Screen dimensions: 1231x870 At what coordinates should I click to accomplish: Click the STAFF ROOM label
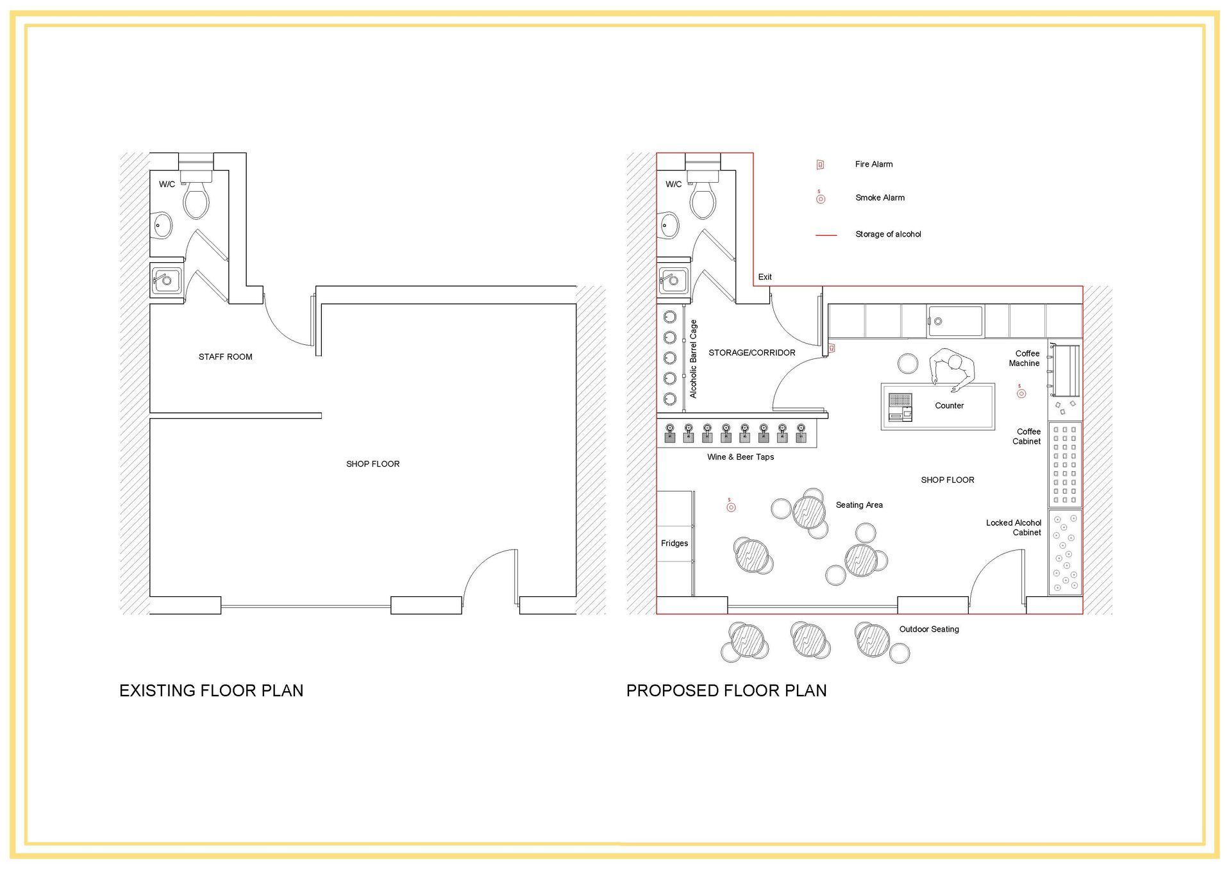pyautogui.click(x=225, y=356)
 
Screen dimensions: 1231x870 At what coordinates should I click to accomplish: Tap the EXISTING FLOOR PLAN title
pyautogui.click(x=211, y=690)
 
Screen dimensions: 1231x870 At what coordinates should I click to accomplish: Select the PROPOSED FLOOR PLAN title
pyautogui.click(x=726, y=690)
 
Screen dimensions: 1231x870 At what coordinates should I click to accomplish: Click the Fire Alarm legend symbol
pyautogui.click(x=820, y=165)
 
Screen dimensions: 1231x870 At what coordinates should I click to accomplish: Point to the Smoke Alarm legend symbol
pyautogui.click(x=821, y=199)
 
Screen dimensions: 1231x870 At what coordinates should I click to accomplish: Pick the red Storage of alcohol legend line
pyautogui.click(x=826, y=235)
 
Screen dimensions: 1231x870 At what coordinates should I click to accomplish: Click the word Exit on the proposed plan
pyautogui.click(x=765, y=277)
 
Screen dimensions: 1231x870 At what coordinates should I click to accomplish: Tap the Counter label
pyautogui.click(x=950, y=406)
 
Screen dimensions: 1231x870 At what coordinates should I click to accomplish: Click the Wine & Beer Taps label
pyautogui.click(x=741, y=457)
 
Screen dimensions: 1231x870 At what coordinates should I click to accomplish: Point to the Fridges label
pyautogui.click(x=674, y=543)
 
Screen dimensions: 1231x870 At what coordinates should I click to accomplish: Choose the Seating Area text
pyautogui.click(x=859, y=505)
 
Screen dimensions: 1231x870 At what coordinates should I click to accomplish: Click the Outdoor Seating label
pyautogui.click(x=929, y=629)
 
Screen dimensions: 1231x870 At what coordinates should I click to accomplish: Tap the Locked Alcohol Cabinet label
pyautogui.click(x=1014, y=528)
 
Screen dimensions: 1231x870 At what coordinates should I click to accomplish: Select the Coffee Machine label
pyautogui.click(x=1025, y=358)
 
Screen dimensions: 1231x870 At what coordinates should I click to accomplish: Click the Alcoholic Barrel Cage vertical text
pyautogui.click(x=693, y=359)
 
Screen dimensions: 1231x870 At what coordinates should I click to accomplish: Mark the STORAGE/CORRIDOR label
pyautogui.click(x=752, y=353)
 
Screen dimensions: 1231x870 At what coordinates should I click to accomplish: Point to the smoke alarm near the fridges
pyautogui.click(x=731, y=506)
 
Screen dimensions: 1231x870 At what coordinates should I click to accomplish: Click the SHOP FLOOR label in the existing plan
pyautogui.click(x=373, y=464)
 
